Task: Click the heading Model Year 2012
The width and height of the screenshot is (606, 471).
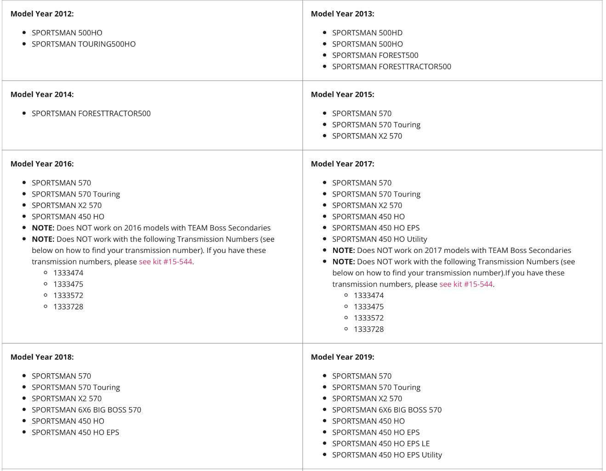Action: point(42,14)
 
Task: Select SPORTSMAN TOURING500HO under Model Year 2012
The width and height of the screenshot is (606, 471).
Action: point(84,44)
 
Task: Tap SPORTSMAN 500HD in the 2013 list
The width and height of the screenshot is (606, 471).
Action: point(367,33)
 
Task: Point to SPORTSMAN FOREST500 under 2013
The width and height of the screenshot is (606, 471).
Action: point(375,55)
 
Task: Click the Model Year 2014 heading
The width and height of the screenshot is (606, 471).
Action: point(42,95)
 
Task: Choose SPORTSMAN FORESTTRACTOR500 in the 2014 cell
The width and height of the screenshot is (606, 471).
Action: point(91,113)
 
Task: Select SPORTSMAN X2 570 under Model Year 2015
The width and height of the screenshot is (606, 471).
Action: point(367,136)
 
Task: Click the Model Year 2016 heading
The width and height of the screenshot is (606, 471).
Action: point(42,164)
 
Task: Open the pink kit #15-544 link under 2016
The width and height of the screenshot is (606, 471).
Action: point(165,262)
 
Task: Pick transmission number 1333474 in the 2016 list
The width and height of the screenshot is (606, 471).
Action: point(68,273)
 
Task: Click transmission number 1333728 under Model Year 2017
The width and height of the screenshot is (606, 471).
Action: point(368,329)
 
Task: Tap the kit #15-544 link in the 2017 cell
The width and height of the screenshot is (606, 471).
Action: point(466,284)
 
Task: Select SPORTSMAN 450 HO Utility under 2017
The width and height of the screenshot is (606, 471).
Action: point(379,239)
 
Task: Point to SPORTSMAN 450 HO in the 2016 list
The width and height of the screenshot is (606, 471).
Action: point(68,217)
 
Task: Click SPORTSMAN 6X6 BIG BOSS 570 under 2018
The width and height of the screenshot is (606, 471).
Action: point(86,410)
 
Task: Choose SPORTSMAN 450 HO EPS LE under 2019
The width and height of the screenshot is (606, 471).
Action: point(381,443)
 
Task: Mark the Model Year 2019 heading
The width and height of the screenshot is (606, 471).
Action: point(342,357)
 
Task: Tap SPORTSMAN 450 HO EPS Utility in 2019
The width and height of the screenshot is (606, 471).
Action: point(387,455)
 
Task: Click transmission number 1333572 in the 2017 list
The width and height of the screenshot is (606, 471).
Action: point(368,318)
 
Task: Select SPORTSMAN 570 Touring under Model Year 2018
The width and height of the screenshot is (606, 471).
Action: point(76,387)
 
